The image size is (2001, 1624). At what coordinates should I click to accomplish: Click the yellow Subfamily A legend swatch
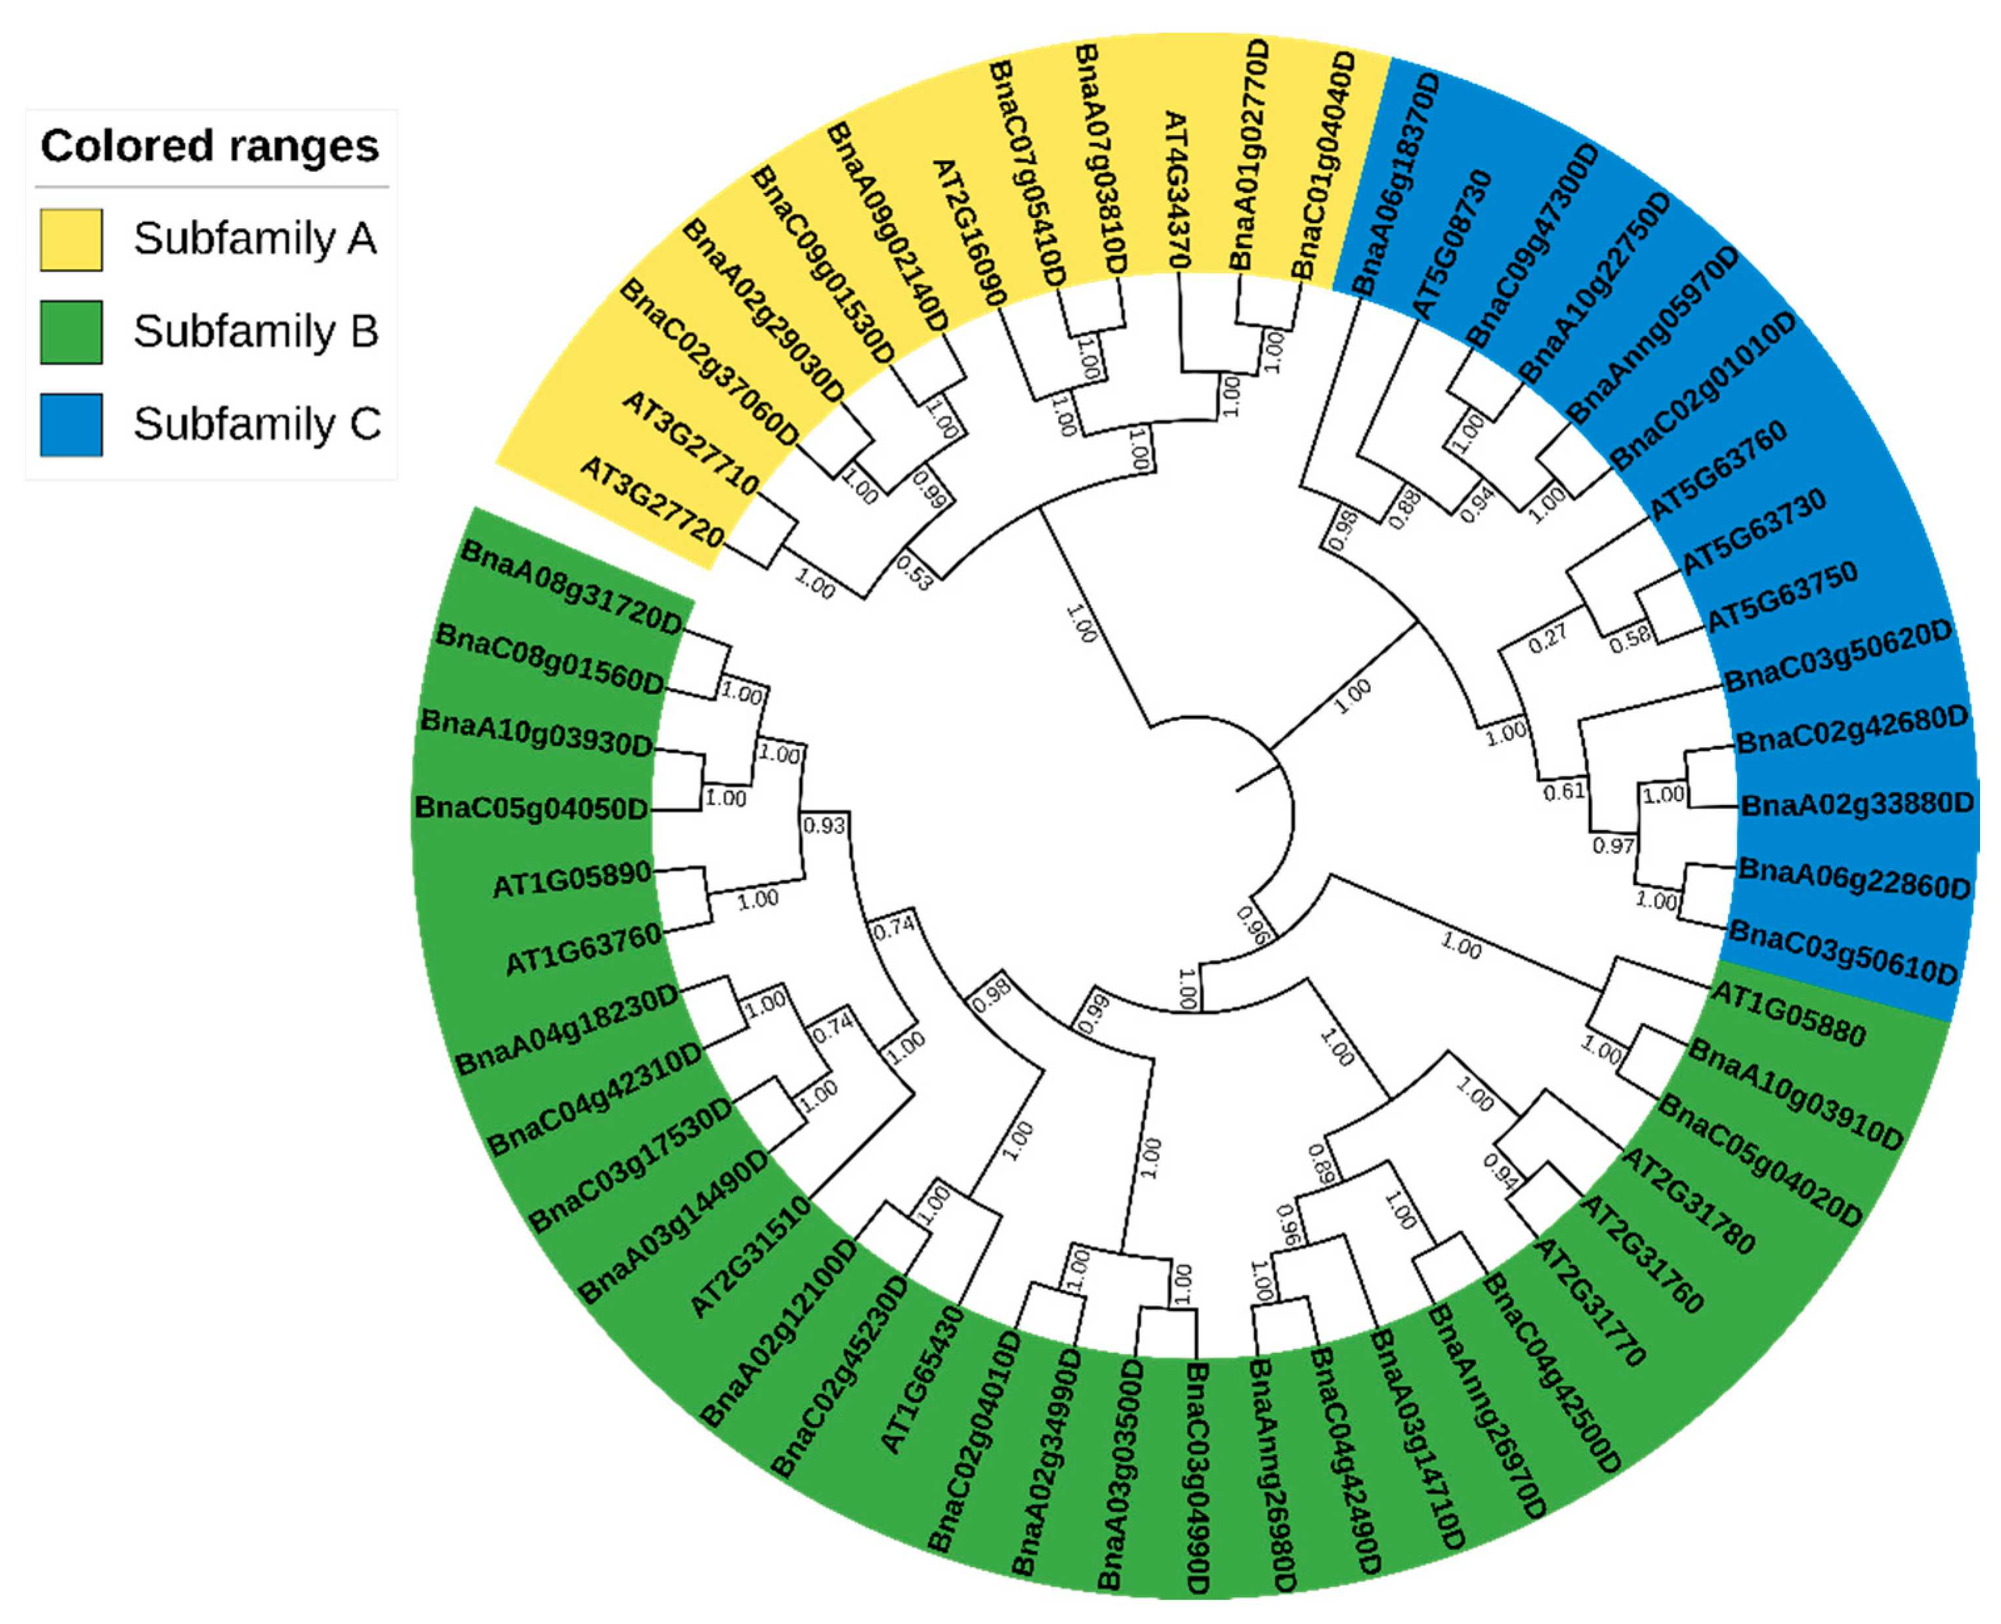[x=71, y=239]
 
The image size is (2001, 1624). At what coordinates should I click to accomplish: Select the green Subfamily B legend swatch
[x=71, y=332]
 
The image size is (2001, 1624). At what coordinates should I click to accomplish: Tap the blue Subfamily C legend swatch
[x=71, y=425]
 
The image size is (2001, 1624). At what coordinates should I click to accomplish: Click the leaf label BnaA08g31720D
[x=572, y=589]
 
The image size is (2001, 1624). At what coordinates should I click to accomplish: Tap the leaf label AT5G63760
[x=1717, y=470]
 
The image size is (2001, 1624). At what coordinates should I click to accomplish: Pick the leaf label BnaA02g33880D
[x=1856, y=804]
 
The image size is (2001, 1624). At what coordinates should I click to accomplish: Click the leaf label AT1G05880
[x=1788, y=1013]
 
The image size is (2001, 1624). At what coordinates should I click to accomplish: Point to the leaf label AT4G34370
[x=1175, y=190]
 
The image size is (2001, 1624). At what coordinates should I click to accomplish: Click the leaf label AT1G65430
[x=923, y=1379]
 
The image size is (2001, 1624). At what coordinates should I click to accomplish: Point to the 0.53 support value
[x=914, y=573]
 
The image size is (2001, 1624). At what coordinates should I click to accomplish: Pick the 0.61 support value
[x=1564, y=791]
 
